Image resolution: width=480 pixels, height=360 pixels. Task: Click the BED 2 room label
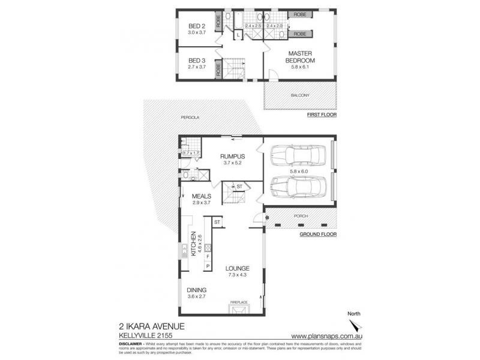tap(197, 26)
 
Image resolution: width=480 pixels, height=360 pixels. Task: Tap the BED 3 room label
tap(197, 60)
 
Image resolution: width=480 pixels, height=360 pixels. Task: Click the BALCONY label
tap(301, 95)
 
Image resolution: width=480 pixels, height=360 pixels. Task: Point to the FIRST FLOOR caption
tap(321, 114)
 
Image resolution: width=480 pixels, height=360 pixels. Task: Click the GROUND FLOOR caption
tap(318, 234)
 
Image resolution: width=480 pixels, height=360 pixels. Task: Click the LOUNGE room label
tap(237, 268)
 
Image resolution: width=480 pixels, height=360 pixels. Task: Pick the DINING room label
tap(196, 290)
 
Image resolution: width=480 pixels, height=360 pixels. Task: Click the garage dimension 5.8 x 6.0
tap(298, 171)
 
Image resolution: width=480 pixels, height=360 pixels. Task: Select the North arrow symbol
tap(358, 325)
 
